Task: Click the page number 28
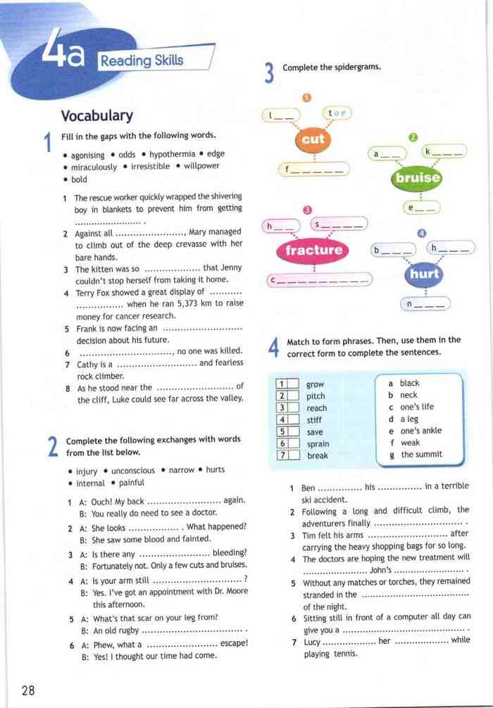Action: click(28, 689)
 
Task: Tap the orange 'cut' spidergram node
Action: click(313, 139)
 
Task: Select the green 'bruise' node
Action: click(418, 178)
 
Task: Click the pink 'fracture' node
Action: click(314, 250)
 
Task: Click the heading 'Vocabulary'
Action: click(96, 115)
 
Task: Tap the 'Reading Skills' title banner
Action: click(142, 61)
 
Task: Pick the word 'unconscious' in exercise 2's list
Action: click(133, 470)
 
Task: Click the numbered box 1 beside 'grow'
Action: click(282, 384)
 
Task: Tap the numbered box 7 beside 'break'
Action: click(282, 455)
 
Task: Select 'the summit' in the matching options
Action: click(421, 455)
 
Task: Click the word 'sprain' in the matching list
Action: click(318, 443)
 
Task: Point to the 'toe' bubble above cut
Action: click(339, 113)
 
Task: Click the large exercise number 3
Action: click(269, 73)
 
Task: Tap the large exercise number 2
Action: click(52, 448)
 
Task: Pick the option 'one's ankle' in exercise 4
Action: click(420, 431)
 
